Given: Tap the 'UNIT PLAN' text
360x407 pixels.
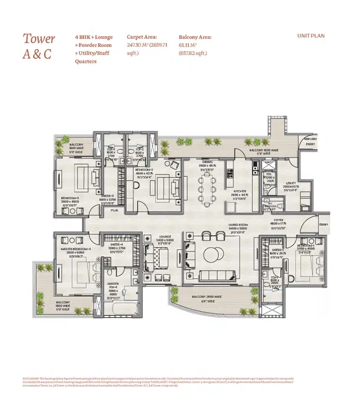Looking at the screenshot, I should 310,36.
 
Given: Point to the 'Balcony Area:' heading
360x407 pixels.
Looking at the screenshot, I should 195,36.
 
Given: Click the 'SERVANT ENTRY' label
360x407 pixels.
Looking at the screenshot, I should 310,141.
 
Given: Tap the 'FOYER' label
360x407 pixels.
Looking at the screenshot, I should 278,221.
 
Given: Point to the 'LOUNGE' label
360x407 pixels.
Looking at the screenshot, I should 165,236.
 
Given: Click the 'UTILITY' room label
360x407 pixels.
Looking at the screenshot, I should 290,183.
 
